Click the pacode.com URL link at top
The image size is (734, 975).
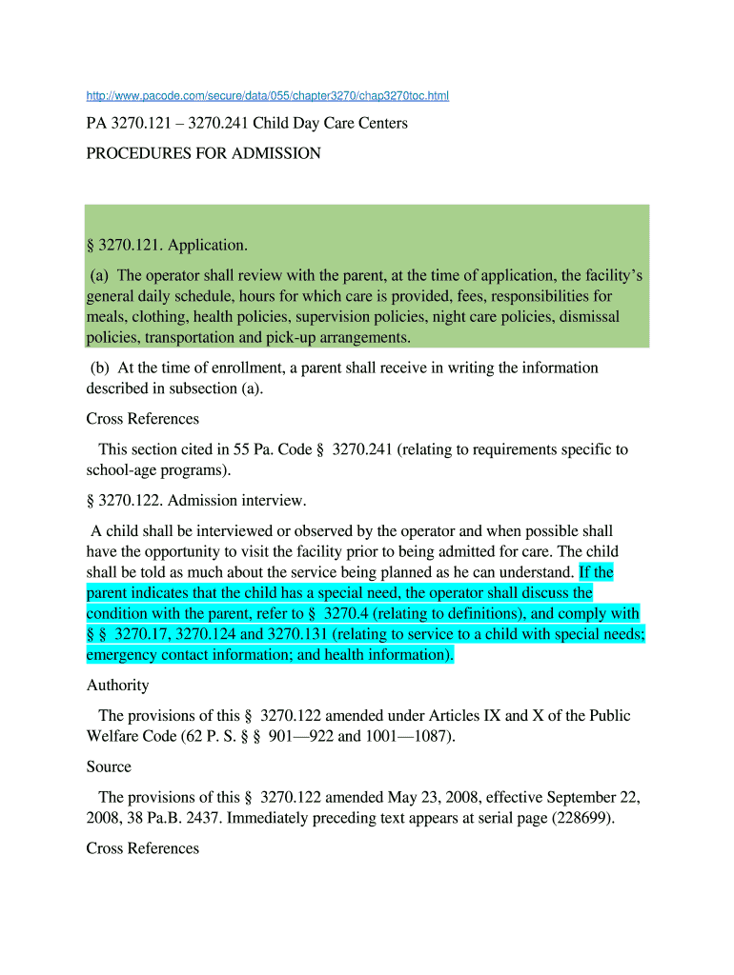tap(267, 96)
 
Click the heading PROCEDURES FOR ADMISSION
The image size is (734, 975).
tap(203, 153)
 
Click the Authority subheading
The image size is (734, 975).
tap(117, 685)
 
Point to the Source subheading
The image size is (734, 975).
tap(109, 766)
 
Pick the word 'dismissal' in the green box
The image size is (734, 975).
tap(586, 317)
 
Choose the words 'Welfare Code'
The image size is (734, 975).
tap(132, 736)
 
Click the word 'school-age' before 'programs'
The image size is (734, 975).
tap(122, 470)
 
